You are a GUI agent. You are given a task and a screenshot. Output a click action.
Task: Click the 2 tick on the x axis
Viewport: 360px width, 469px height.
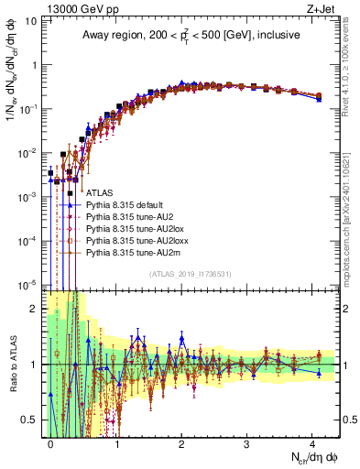[181, 442]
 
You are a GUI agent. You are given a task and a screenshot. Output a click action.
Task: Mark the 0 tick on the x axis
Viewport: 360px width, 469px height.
[51, 442]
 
